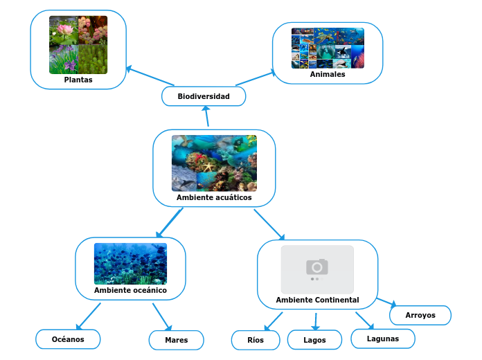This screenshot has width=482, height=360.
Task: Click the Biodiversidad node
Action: [204, 96]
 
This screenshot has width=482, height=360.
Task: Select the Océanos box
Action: [68, 339]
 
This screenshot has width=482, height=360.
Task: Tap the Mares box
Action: [177, 340]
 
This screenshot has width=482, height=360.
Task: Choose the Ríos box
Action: [256, 340]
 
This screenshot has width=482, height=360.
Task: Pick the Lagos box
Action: [314, 340]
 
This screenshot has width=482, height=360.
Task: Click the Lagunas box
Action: [383, 339]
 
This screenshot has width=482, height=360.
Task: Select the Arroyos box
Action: [420, 315]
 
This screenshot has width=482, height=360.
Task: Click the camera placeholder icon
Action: [317, 267]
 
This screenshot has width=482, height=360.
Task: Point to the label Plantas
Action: [78, 80]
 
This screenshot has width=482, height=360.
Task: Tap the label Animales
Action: [328, 74]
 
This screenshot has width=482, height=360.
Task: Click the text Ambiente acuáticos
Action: [214, 197]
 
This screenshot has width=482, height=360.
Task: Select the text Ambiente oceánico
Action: [130, 290]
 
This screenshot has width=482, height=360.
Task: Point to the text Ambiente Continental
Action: [317, 300]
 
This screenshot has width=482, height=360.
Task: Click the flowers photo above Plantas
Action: [78, 45]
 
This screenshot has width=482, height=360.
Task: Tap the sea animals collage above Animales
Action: [328, 48]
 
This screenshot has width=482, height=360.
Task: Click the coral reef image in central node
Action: [214, 163]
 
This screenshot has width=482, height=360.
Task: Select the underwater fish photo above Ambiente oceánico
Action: [130, 264]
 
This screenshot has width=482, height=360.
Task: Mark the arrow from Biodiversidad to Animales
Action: [255, 78]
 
